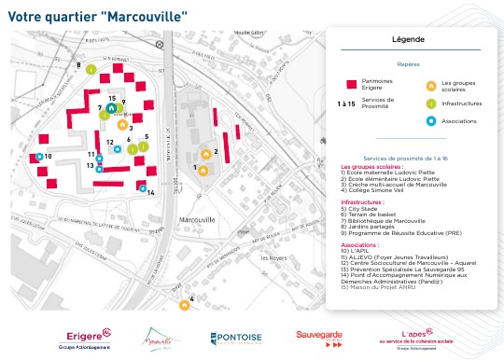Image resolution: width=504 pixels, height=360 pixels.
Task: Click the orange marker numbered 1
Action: (204, 169)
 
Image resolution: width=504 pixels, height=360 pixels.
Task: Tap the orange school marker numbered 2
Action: (206, 153)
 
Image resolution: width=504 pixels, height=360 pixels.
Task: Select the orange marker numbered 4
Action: (184, 301)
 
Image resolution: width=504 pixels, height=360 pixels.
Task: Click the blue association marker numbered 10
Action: (40, 157)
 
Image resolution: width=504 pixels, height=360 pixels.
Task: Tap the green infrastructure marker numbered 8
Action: (91, 69)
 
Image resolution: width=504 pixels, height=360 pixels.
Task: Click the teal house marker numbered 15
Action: (111, 107)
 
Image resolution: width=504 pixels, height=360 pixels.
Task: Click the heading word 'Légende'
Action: (409, 40)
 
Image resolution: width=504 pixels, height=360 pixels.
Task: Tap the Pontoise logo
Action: (235, 339)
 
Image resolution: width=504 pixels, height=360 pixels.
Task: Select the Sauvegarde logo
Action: (320, 335)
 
